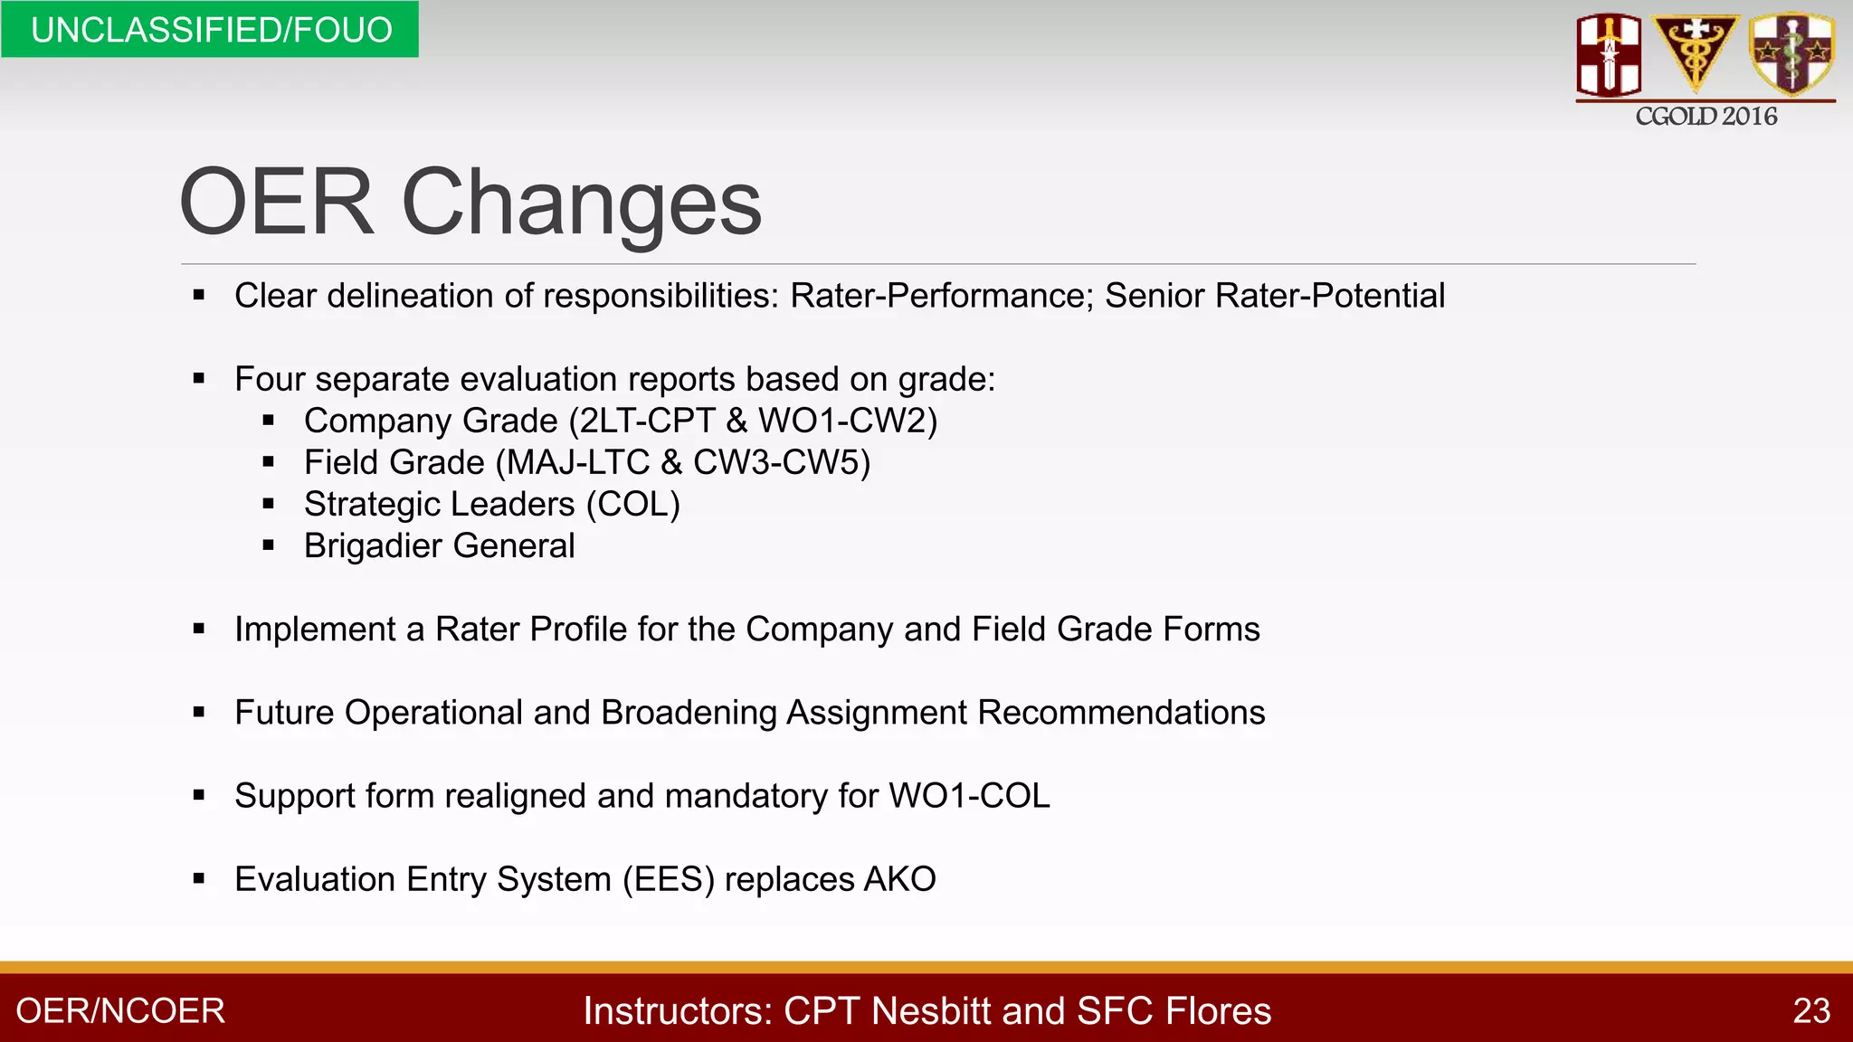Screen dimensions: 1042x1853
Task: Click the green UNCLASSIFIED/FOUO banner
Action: click(210, 30)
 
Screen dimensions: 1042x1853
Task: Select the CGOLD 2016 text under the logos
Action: click(1706, 117)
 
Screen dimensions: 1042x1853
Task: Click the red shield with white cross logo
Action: click(1609, 54)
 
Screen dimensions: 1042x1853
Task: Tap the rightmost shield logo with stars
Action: click(1791, 52)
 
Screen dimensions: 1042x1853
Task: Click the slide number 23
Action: click(1811, 1011)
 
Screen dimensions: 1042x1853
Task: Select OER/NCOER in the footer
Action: click(120, 1011)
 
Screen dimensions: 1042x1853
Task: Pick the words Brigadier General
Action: click(439, 546)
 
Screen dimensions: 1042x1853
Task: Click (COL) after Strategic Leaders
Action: click(632, 505)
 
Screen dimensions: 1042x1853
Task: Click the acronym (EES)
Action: click(669, 879)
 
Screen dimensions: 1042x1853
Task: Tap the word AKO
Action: click(899, 879)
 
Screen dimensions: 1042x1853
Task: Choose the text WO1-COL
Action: click(969, 796)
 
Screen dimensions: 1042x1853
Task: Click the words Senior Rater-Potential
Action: click(1275, 296)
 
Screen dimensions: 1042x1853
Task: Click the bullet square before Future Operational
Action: click(199, 713)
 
